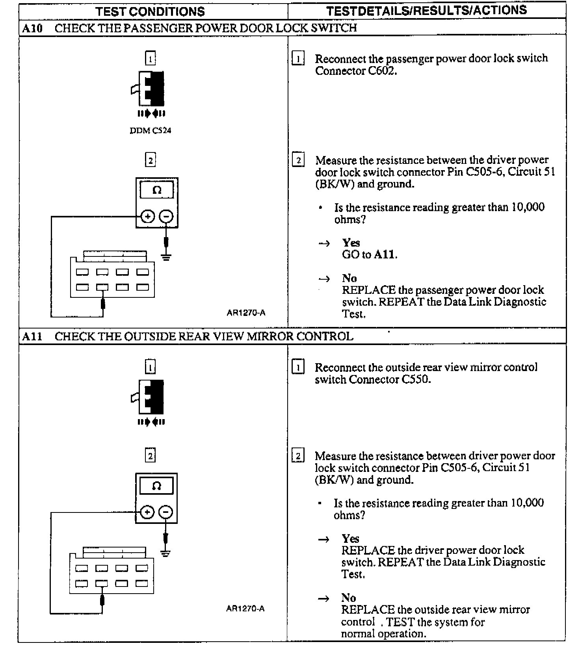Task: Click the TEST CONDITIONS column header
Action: click(x=150, y=11)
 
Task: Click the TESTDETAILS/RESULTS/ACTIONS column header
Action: click(x=426, y=10)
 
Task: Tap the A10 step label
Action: click(x=32, y=28)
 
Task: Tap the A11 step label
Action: click(x=32, y=336)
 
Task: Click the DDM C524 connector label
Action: click(x=151, y=130)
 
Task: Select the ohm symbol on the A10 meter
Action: click(x=157, y=190)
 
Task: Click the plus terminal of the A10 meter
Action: click(x=148, y=216)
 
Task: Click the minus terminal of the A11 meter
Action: click(x=166, y=512)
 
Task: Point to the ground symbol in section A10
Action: click(x=166, y=258)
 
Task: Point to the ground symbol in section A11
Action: click(x=166, y=553)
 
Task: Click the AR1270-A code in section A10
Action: click(x=246, y=313)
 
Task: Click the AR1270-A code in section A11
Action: click(x=245, y=609)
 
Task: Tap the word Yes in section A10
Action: click(x=351, y=243)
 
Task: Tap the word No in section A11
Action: click(x=349, y=598)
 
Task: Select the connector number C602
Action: click(x=381, y=71)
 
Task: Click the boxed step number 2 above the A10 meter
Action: click(x=150, y=160)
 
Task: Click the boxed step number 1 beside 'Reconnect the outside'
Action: click(x=297, y=368)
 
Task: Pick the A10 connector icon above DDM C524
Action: click(x=151, y=89)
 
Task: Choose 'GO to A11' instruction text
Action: click(x=369, y=254)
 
